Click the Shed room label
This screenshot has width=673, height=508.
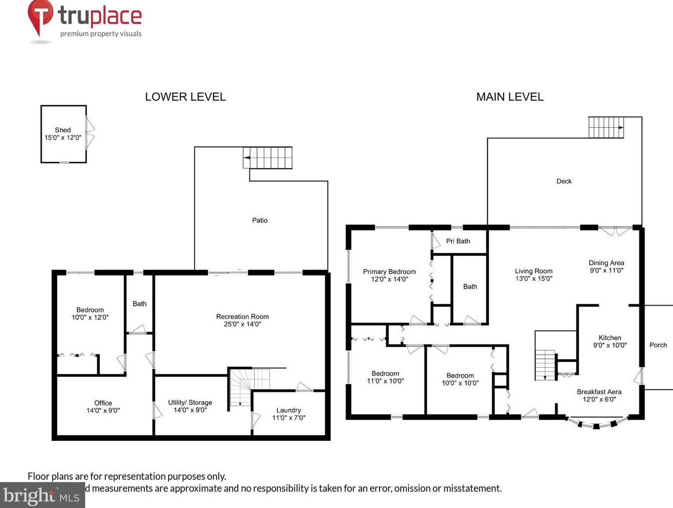pyautogui.click(x=63, y=130)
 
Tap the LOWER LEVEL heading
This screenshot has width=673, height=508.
pyautogui.click(x=186, y=97)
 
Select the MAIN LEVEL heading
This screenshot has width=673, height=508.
pyautogui.click(x=510, y=97)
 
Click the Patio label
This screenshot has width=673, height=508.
pyautogui.click(x=260, y=220)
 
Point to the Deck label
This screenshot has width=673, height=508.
pyautogui.click(x=564, y=181)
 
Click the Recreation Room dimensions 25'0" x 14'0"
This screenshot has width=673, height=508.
pyautogui.click(x=242, y=324)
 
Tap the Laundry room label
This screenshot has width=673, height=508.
pyautogui.click(x=288, y=410)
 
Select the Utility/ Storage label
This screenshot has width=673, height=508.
pyautogui.click(x=190, y=402)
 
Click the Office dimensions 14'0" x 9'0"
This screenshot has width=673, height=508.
pyautogui.click(x=103, y=410)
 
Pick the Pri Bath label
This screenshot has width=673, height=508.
pyautogui.click(x=458, y=241)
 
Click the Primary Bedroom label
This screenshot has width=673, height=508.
pyautogui.click(x=389, y=272)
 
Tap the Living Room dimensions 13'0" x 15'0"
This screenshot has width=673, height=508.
pyautogui.click(x=534, y=279)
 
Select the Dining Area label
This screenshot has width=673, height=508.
pyautogui.click(x=606, y=263)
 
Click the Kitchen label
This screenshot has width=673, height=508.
pyautogui.click(x=610, y=338)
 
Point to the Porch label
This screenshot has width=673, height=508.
pyautogui.click(x=658, y=345)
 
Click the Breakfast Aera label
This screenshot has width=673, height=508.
pyautogui.click(x=599, y=392)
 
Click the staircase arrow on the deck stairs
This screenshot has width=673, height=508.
pyautogui.click(x=621, y=127)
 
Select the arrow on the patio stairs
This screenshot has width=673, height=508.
pyautogui.click(x=247, y=158)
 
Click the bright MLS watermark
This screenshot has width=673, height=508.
pyautogui.click(x=42, y=495)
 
